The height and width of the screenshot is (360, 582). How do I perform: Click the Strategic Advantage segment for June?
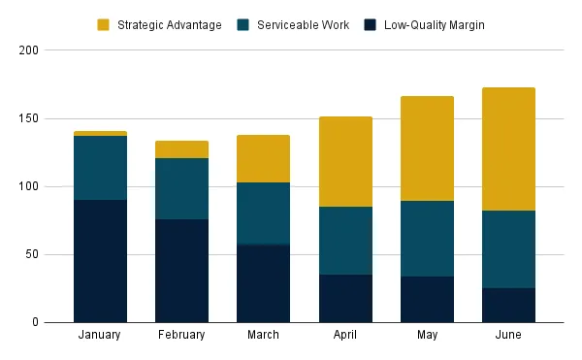click(x=508, y=149)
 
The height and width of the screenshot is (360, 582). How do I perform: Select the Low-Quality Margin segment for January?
click(x=100, y=261)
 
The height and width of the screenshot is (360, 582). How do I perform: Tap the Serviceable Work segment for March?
click(x=263, y=213)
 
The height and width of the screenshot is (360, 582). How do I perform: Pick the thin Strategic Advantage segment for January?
click(x=100, y=134)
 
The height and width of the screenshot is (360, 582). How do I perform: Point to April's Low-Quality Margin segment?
click(x=345, y=299)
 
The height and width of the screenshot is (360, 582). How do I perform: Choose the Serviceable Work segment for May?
click(x=427, y=239)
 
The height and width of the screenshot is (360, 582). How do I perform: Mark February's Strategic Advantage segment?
click(x=182, y=149)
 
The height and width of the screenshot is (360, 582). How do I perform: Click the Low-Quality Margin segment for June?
click(x=508, y=306)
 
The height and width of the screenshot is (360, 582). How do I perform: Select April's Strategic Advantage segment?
click(x=345, y=162)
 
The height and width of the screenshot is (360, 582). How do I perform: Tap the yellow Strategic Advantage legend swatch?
click(x=103, y=25)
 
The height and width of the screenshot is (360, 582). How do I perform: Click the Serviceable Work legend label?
click(x=303, y=25)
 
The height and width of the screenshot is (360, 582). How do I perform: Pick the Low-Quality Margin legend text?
click(x=435, y=25)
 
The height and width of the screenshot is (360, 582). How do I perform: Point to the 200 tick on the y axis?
click(x=28, y=50)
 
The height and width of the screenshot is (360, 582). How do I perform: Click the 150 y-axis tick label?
click(x=28, y=118)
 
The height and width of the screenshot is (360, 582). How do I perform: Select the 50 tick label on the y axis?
click(x=32, y=254)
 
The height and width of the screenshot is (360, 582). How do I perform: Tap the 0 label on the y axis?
click(x=35, y=322)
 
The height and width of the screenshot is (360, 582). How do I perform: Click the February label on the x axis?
click(x=181, y=335)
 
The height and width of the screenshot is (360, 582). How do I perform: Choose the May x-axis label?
click(x=427, y=335)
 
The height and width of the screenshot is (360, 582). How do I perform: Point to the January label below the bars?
click(x=100, y=335)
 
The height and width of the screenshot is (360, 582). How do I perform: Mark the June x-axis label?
click(x=508, y=335)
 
